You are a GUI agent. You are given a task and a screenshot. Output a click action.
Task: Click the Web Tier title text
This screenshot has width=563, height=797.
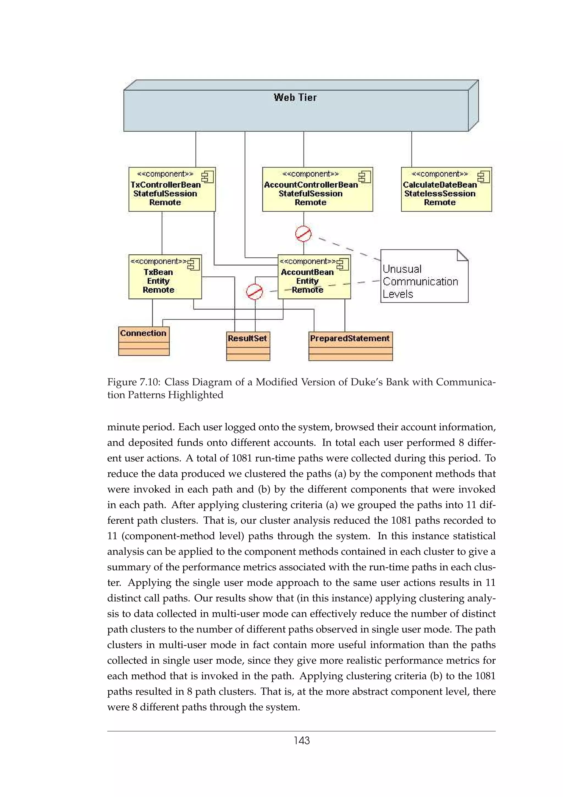295,98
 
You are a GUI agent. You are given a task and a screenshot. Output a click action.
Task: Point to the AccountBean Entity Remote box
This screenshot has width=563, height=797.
314,277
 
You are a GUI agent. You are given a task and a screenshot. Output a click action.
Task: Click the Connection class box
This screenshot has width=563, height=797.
143,340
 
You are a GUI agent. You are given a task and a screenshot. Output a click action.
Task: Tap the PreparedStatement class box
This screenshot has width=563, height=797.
350,346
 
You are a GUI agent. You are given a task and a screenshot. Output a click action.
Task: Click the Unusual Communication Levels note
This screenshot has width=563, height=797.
424,281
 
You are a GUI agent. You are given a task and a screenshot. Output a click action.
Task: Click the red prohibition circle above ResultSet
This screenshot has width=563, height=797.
254,291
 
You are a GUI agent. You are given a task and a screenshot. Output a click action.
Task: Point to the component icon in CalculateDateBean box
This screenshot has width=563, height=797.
483,177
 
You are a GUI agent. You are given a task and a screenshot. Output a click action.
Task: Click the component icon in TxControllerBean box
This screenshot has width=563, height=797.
208,177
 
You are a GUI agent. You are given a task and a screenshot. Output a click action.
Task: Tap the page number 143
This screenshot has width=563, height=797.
302,740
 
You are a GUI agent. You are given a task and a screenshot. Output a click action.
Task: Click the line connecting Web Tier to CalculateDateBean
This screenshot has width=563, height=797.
412,149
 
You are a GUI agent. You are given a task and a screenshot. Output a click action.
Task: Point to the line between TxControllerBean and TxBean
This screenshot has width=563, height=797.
162,233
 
